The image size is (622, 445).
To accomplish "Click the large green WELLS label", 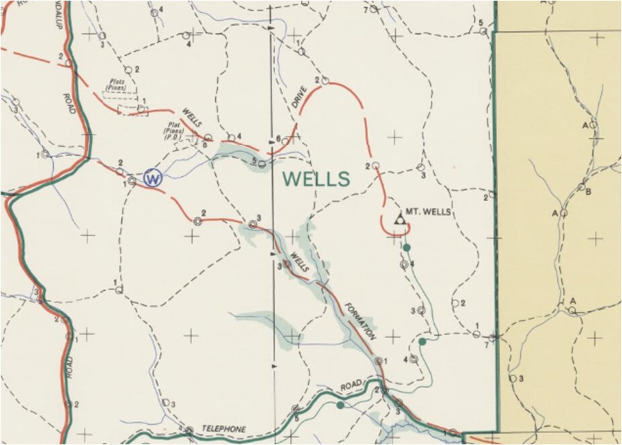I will [x=316, y=179].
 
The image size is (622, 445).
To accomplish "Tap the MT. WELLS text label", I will [x=428, y=212].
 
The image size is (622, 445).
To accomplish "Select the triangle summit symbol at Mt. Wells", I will [x=399, y=219].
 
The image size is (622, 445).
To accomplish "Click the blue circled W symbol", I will [x=152, y=178].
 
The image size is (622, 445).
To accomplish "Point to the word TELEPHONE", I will [x=223, y=429].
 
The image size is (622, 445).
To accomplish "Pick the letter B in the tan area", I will [x=588, y=192].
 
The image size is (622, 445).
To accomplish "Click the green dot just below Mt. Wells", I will [x=407, y=248].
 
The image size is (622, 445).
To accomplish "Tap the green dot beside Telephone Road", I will [x=340, y=405].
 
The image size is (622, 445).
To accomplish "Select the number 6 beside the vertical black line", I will [x=278, y=139].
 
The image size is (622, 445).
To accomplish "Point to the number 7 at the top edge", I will [x=365, y=9].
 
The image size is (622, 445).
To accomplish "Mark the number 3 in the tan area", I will [x=521, y=378].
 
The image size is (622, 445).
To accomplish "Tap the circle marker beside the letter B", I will [x=581, y=187].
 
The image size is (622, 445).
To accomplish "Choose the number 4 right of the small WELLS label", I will [x=239, y=136].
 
